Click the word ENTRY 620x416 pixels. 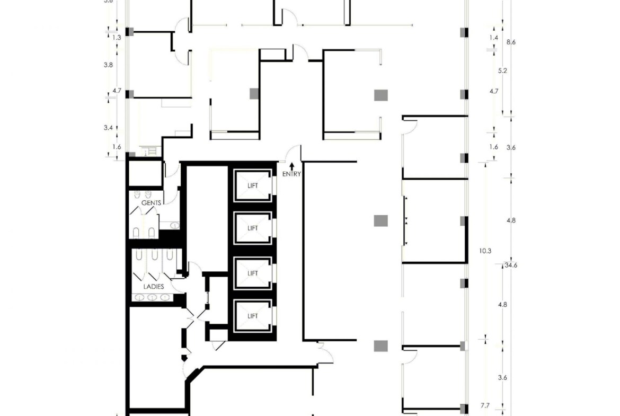click(x=291, y=174)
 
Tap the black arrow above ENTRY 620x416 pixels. click(x=291, y=166)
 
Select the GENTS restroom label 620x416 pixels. click(x=151, y=203)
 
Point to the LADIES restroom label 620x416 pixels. click(x=153, y=286)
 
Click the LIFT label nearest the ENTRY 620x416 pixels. click(x=253, y=185)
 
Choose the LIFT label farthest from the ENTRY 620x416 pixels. click(x=253, y=316)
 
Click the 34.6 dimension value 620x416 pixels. click(x=511, y=265)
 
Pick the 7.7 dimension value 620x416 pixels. click(x=485, y=405)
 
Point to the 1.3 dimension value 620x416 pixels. click(x=117, y=38)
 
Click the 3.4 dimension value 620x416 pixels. click(x=108, y=128)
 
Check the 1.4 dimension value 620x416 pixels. click(x=494, y=38)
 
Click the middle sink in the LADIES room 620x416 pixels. click(x=152, y=297)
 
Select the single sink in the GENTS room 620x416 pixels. click(x=171, y=225)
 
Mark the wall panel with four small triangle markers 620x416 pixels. click(x=405, y=220)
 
